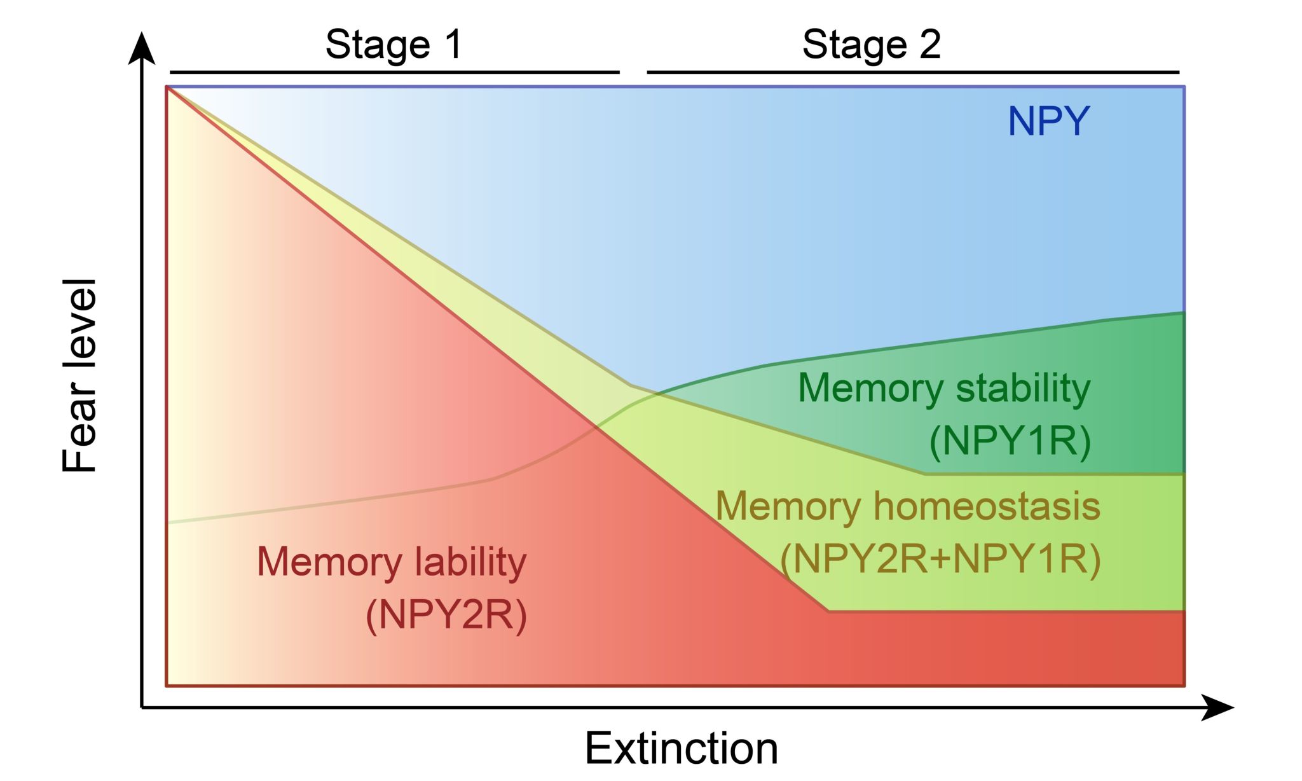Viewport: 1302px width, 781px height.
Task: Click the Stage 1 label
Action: click(394, 45)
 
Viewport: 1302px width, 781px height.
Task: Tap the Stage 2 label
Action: click(871, 45)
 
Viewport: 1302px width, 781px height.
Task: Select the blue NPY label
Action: click(1048, 121)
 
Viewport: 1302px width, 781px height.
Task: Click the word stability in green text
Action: click(1023, 388)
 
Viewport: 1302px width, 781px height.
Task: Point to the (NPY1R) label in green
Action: click(1010, 440)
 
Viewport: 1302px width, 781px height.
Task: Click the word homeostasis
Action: click(987, 506)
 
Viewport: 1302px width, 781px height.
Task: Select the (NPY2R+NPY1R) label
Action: click(940, 559)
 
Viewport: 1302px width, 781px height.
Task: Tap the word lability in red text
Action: click(470, 562)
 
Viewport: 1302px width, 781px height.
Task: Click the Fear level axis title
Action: click(79, 375)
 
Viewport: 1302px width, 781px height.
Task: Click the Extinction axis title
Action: click(681, 749)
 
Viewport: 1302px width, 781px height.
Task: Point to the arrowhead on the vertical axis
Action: click(142, 48)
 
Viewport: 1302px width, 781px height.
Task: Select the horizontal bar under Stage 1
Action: click(394, 73)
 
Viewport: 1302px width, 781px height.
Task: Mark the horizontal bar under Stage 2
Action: click(912, 73)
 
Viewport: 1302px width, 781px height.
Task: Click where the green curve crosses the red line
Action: click(598, 428)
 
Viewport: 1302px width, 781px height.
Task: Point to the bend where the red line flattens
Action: click(828, 611)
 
